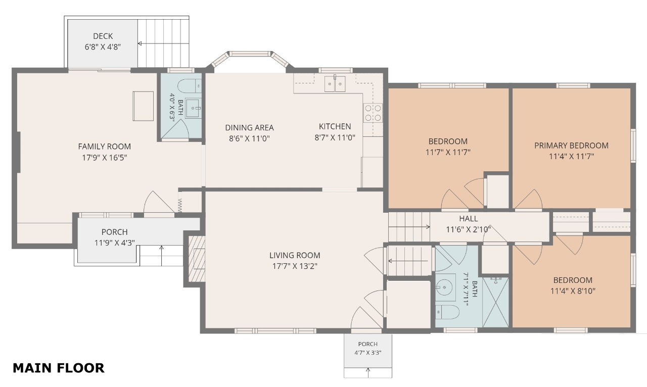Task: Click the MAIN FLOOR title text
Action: pyautogui.click(x=59, y=368)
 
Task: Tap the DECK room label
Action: pyautogui.click(x=103, y=36)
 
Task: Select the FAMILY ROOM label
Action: pyautogui.click(x=104, y=147)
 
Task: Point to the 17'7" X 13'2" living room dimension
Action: pyautogui.click(x=295, y=266)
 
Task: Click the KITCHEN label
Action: pyautogui.click(x=335, y=126)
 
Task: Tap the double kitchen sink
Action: pyautogui.click(x=335, y=84)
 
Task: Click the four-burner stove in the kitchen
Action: pyautogui.click(x=373, y=113)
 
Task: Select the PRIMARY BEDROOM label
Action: pyautogui.click(x=571, y=146)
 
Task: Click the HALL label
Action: pyautogui.click(x=469, y=219)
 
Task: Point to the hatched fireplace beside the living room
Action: pyautogui.click(x=197, y=259)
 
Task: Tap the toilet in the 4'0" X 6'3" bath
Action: pyautogui.click(x=190, y=85)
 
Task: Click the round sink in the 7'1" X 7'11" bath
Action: pyautogui.click(x=444, y=287)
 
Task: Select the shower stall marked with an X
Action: pyautogui.click(x=496, y=303)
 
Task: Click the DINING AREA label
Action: pyautogui.click(x=249, y=128)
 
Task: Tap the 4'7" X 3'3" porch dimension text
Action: pyautogui.click(x=367, y=353)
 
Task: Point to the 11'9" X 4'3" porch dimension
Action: pyautogui.click(x=115, y=243)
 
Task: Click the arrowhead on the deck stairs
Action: pyautogui.click(x=140, y=43)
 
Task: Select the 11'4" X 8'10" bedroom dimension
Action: pyautogui.click(x=573, y=291)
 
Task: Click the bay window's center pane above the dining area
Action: pyautogui.click(x=250, y=54)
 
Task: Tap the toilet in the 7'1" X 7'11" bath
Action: pyautogui.click(x=447, y=312)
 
